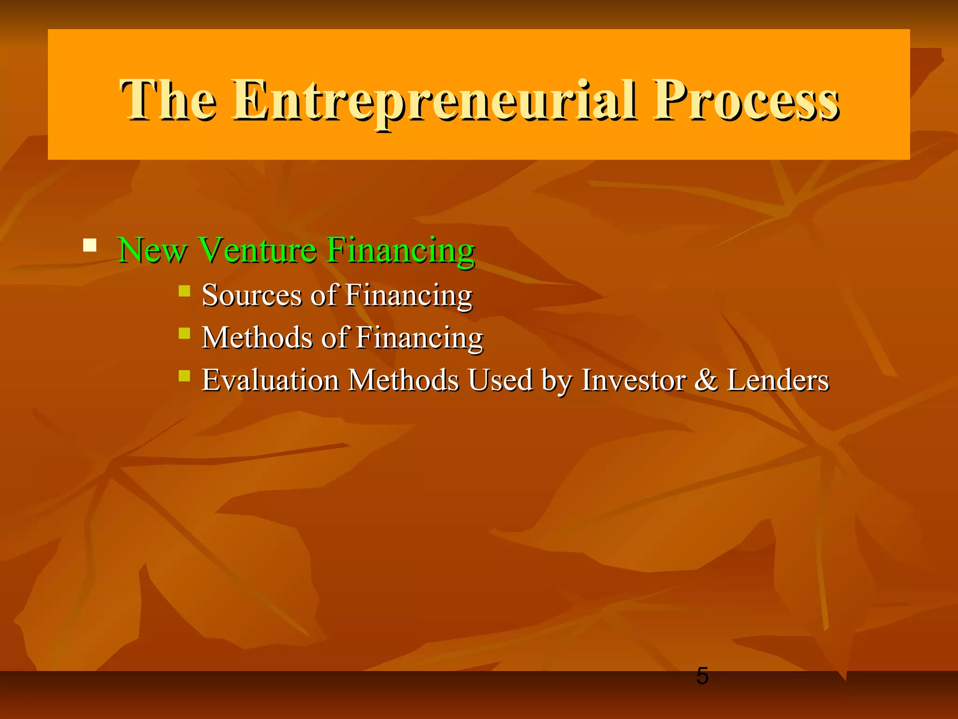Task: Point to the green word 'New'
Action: coord(152,250)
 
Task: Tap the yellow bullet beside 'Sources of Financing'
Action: coord(185,291)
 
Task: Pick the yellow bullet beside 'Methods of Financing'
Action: coord(185,333)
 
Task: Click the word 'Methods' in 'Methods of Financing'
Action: coord(257,337)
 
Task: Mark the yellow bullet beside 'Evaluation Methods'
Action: coord(185,375)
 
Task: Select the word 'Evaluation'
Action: coord(270,380)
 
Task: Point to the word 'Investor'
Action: coord(634,380)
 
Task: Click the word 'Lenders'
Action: coord(777,380)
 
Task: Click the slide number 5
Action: coord(702,676)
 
